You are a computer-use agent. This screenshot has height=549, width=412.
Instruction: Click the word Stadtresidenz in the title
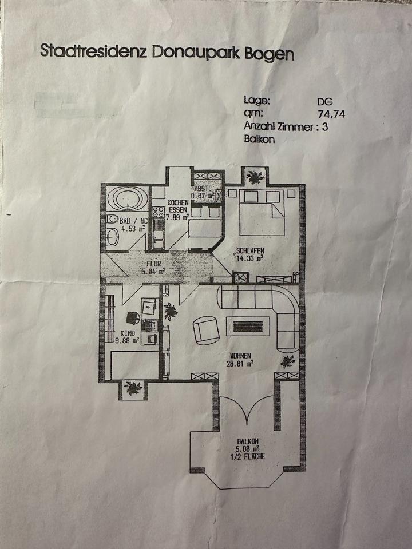coord(91,51)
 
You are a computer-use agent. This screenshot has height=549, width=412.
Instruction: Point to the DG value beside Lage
coord(324,101)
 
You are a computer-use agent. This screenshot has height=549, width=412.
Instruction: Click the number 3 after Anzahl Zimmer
coord(325,128)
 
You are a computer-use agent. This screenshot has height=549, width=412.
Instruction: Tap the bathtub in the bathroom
coord(129,198)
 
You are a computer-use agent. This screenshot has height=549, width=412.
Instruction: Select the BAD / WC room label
coord(133,221)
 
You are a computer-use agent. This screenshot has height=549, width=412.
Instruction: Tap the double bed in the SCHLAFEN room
coord(262,212)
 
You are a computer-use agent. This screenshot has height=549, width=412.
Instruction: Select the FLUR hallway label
coord(154,264)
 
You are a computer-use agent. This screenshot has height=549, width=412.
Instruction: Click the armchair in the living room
coord(205,329)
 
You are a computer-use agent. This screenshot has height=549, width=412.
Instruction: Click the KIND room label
coord(127,333)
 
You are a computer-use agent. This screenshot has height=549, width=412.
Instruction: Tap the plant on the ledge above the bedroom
coord(253,177)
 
